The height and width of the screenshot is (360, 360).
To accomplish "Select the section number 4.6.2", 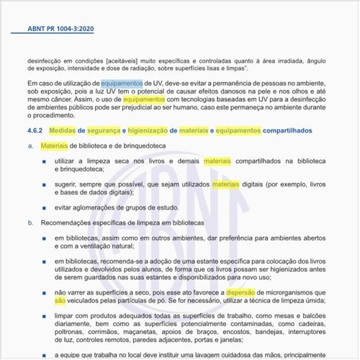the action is point(34,131).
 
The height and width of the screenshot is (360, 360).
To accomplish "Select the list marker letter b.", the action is point(31,223).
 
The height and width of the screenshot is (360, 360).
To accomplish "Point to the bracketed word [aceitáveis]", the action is point(125,62).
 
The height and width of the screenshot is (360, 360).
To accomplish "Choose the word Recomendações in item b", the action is point(66,223).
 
